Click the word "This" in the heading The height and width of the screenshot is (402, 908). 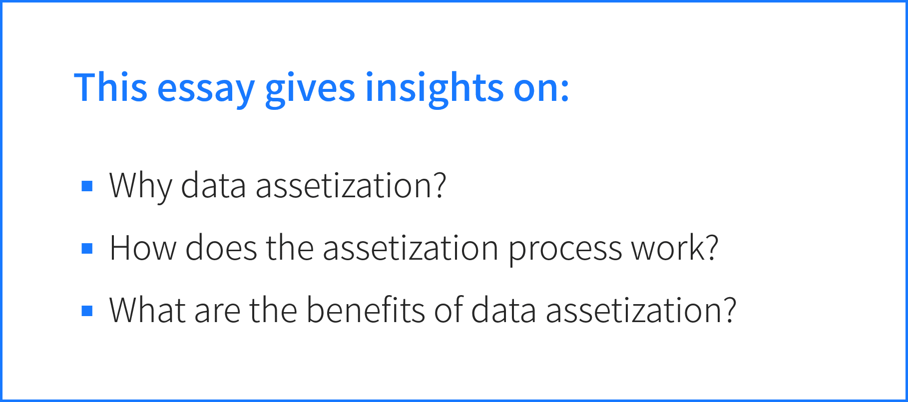(x=111, y=87)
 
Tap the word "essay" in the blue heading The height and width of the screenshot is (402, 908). (x=206, y=91)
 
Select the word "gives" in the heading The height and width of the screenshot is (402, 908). (x=310, y=89)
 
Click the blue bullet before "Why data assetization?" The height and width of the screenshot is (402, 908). (x=87, y=186)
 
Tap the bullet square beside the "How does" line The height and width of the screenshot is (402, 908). (x=87, y=248)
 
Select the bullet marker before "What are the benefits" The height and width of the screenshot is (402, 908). (x=87, y=311)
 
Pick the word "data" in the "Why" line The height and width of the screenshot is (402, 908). (x=213, y=185)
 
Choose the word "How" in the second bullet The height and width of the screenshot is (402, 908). (x=143, y=248)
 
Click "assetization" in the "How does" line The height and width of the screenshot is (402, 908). (x=411, y=248)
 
